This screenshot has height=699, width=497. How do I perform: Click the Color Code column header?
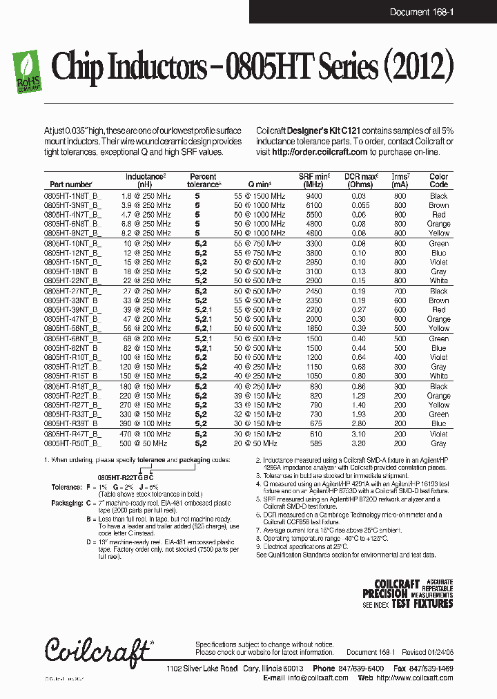(x=438, y=181)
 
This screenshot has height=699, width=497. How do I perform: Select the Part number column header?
(x=71, y=185)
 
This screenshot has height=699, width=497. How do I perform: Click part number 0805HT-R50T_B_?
(x=72, y=443)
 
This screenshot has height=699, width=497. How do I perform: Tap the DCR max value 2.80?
(x=358, y=423)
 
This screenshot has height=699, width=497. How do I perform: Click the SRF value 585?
(x=314, y=443)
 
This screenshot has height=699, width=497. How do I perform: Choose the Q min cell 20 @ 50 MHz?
(x=255, y=443)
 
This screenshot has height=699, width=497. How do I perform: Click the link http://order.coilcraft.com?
(x=320, y=152)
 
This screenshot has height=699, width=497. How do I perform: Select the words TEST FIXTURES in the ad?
(x=422, y=603)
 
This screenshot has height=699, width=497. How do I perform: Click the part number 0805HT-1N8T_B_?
(x=72, y=196)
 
